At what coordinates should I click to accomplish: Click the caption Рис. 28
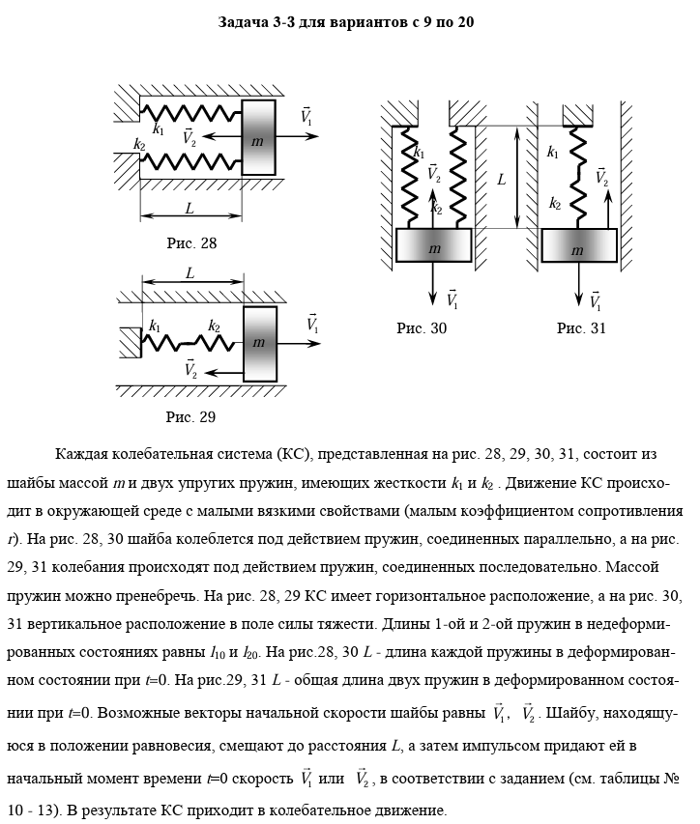point(190,243)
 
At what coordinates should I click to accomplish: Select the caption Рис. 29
point(190,417)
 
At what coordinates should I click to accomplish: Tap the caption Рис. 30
point(422,328)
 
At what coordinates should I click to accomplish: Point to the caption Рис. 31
point(581,328)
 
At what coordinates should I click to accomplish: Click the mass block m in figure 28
point(258,139)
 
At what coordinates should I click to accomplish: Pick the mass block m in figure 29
point(259,343)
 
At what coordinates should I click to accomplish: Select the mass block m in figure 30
point(434,248)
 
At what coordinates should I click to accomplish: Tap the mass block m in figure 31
point(578,248)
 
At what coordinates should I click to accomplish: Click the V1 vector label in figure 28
point(306,116)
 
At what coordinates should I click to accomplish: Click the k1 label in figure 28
point(159,128)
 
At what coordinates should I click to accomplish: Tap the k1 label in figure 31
point(553,152)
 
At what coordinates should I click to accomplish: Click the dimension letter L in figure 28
point(190,208)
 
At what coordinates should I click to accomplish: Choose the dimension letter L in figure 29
point(190,272)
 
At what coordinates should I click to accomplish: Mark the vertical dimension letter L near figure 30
point(502,179)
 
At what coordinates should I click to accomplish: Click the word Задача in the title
point(247,20)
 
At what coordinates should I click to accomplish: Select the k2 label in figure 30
point(437,208)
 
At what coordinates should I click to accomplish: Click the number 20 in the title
point(465,20)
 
